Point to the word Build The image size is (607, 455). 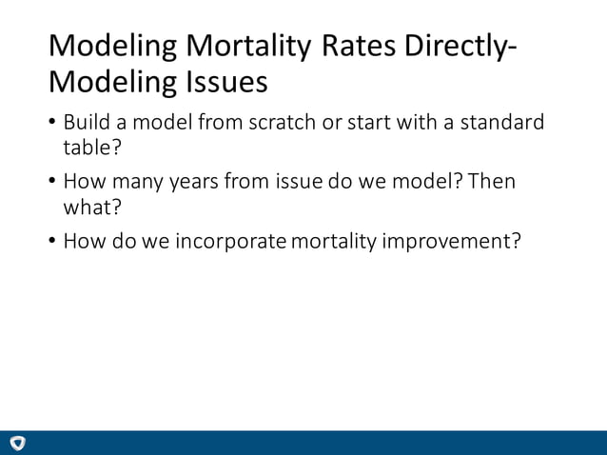(x=87, y=124)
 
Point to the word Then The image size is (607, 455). (x=491, y=182)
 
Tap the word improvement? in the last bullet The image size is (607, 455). (x=452, y=240)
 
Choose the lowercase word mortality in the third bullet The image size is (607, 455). (x=334, y=240)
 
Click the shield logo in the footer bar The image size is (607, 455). (x=18, y=443)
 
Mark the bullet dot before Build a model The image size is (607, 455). (x=52, y=125)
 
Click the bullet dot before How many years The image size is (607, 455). (x=52, y=183)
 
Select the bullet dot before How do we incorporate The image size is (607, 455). (x=52, y=241)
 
